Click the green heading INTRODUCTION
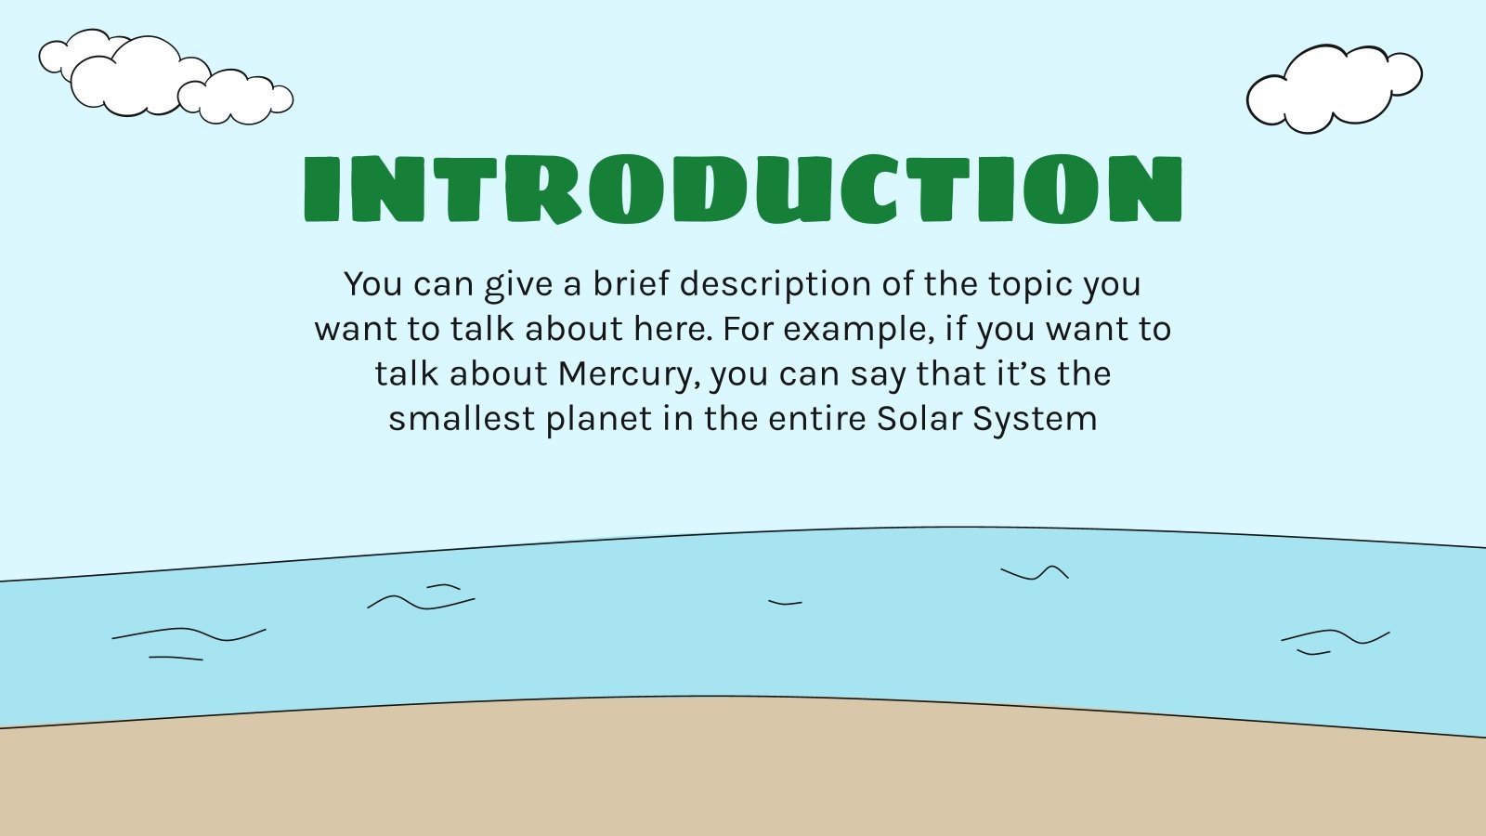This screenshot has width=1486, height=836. click(x=743, y=189)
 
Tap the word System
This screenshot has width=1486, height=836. click(x=1035, y=419)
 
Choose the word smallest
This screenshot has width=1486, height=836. click(x=462, y=419)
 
